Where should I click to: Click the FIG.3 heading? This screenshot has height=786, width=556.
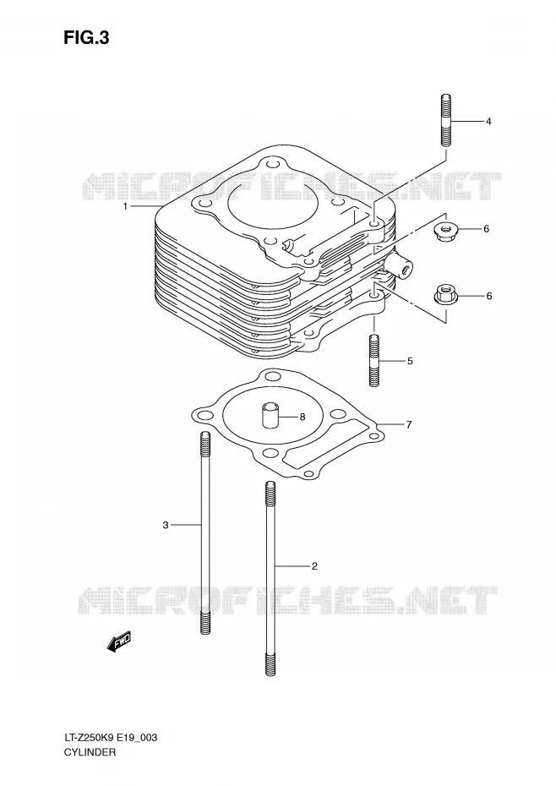86,38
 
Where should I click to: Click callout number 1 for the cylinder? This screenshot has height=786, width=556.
126,206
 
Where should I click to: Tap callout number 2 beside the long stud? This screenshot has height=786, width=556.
314,566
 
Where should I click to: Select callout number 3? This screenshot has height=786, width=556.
166,525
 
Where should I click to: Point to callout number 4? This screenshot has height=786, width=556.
488,122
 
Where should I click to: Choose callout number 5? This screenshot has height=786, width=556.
410,360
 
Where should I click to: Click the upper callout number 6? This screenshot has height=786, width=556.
486,229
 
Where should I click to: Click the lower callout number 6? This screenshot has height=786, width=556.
488,296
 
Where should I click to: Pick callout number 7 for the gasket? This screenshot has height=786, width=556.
409,425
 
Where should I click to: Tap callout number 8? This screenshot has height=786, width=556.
303,416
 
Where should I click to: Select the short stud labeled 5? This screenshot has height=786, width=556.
374,360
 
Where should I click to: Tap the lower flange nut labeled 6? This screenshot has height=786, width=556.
444,294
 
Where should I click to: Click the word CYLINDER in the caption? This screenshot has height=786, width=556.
90,751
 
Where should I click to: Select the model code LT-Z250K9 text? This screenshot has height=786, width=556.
89,738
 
